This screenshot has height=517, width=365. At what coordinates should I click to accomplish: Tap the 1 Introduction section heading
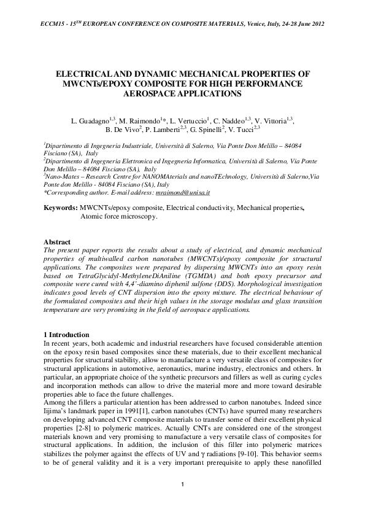coord(68,334)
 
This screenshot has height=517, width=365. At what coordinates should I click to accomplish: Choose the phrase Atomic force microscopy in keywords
coord(118,216)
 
